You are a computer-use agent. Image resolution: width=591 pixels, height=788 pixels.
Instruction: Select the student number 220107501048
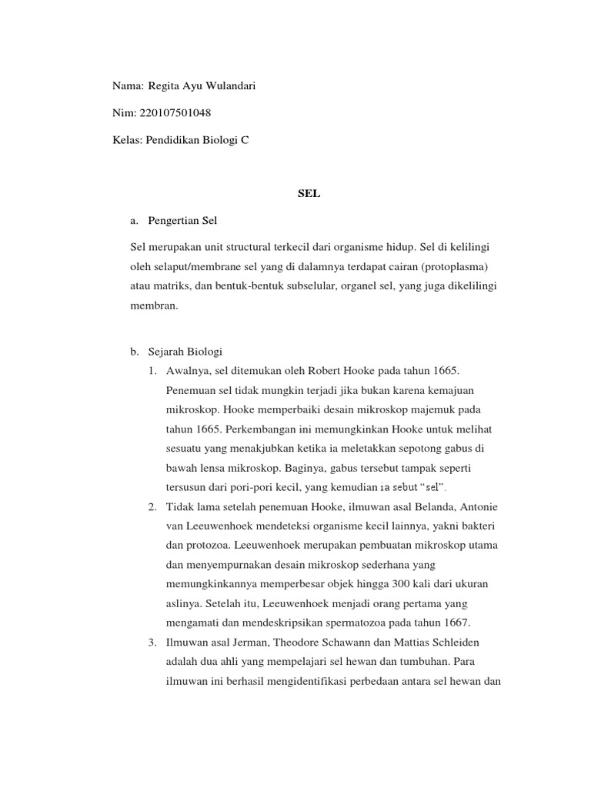point(175,113)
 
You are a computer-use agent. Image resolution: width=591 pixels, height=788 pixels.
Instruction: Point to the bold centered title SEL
point(309,194)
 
